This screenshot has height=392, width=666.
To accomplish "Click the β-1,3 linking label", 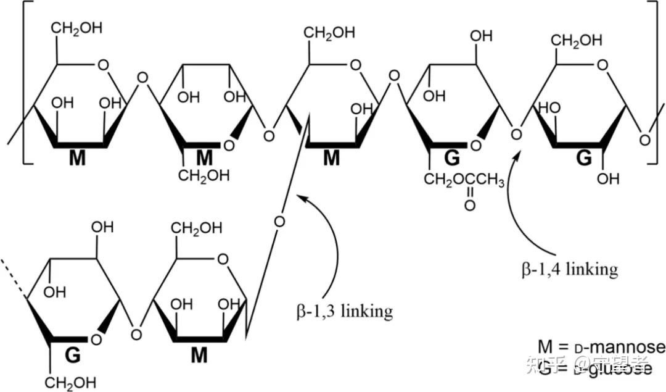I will [343, 311].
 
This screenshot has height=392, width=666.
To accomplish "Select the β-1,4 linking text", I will [568, 269].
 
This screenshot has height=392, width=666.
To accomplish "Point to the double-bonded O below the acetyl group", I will [470, 206].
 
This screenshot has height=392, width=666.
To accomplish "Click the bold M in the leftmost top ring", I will [77, 158].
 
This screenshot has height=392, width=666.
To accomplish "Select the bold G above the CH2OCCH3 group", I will [452, 159].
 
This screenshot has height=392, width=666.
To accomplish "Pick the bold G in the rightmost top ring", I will [583, 158].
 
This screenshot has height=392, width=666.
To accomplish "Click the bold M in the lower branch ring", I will [199, 355].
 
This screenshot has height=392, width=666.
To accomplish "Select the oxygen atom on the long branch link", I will [279, 221].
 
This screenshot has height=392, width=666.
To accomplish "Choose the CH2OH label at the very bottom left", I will [70, 382].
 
